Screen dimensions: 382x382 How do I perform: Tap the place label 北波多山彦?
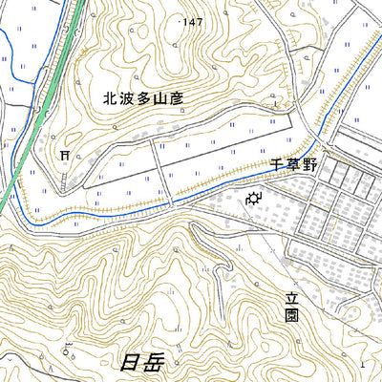pyautogui.click(x=143, y=96)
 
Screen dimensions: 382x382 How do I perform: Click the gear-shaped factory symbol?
pyautogui.click(x=254, y=200)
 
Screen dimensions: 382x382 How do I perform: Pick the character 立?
pyautogui.click(x=291, y=298)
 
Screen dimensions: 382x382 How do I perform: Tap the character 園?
pyautogui.click(x=291, y=316)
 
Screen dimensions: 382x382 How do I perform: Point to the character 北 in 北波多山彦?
pyautogui.click(x=109, y=96)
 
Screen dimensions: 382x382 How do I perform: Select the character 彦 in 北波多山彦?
pyautogui.click(x=178, y=96)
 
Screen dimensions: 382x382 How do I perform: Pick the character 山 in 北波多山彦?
pyautogui.click(x=160, y=96)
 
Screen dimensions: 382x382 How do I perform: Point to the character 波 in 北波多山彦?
pyautogui.click(x=126, y=96)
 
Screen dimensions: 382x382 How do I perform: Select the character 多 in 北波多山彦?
pyautogui.click(x=143, y=96)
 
